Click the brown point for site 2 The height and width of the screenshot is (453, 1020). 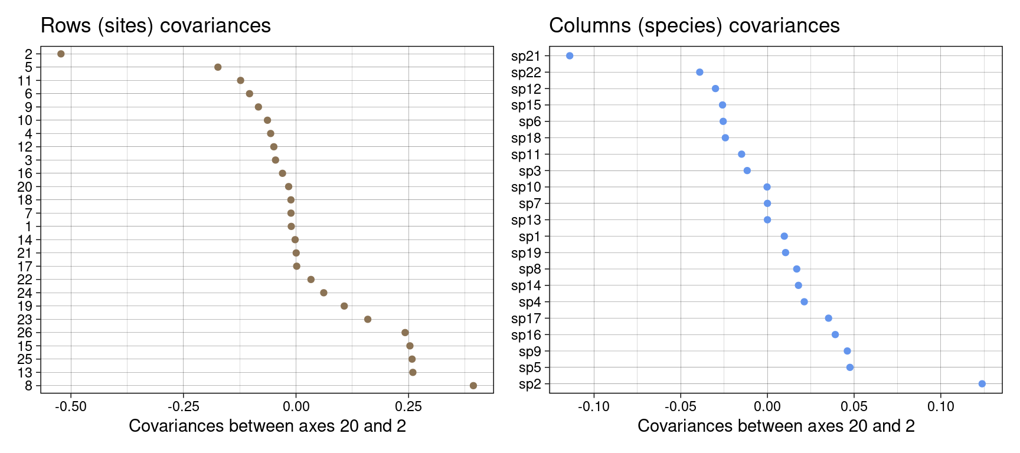pyautogui.click(x=61, y=54)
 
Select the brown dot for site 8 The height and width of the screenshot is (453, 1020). pyautogui.click(x=473, y=386)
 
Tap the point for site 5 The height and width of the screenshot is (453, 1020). pyautogui.click(x=218, y=67)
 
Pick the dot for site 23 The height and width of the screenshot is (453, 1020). pyautogui.click(x=368, y=319)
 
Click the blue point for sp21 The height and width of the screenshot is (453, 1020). pyautogui.click(x=570, y=56)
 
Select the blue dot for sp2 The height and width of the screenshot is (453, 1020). pyautogui.click(x=982, y=384)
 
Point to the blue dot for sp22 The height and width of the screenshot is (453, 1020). pyautogui.click(x=699, y=73)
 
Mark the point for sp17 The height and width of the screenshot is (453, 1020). pyautogui.click(x=828, y=319)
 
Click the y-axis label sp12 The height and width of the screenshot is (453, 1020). pyautogui.click(x=526, y=89)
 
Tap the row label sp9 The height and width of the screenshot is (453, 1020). pyautogui.click(x=529, y=352)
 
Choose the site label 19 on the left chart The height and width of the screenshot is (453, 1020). pyautogui.click(x=25, y=306)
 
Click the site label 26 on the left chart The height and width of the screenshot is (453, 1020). pyautogui.click(x=25, y=333)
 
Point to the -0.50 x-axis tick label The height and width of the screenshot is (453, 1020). pyautogui.click(x=71, y=407)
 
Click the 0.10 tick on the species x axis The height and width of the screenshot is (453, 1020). pyautogui.click(x=941, y=407)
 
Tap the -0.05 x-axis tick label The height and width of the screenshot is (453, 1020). pyautogui.click(x=680, y=407)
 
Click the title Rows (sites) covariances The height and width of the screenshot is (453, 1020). pyautogui.click(x=155, y=26)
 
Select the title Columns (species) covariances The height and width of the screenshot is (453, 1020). pyautogui.click(x=694, y=26)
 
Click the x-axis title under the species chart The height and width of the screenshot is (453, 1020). pyautogui.click(x=776, y=426)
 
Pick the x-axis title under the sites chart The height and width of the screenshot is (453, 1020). pyautogui.click(x=267, y=426)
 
